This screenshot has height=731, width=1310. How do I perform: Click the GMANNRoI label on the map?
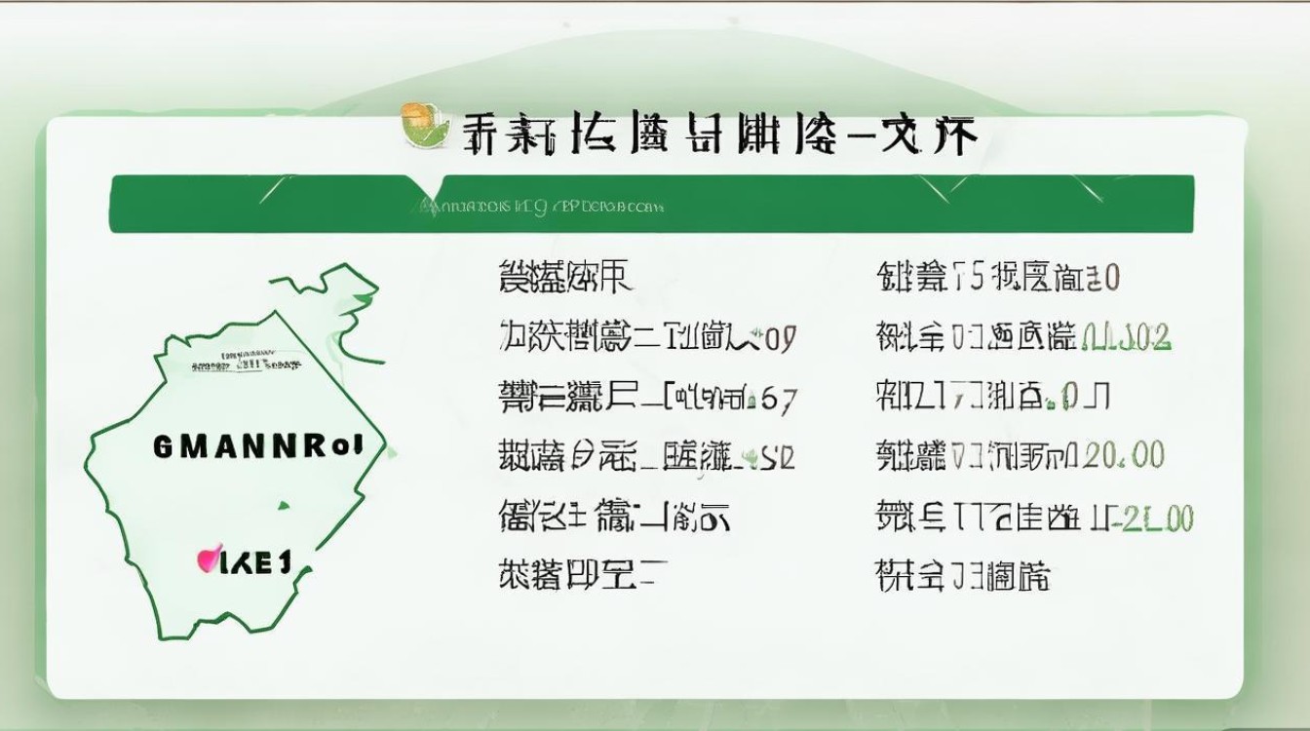pyautogui.click(x=258, y=446)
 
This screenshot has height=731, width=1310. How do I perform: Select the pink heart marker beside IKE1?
pyautogui.click(x=207, y=558)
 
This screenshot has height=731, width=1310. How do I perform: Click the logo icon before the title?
pyautogui.click(x=427, y=128)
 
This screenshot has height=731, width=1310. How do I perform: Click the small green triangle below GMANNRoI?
pyautogui.click(x=284, y=505)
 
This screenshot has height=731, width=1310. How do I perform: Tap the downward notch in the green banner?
pyautogui.click(x=429, y=185)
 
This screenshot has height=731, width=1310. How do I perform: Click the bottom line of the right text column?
pyautogui.click(x=963, y=576)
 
